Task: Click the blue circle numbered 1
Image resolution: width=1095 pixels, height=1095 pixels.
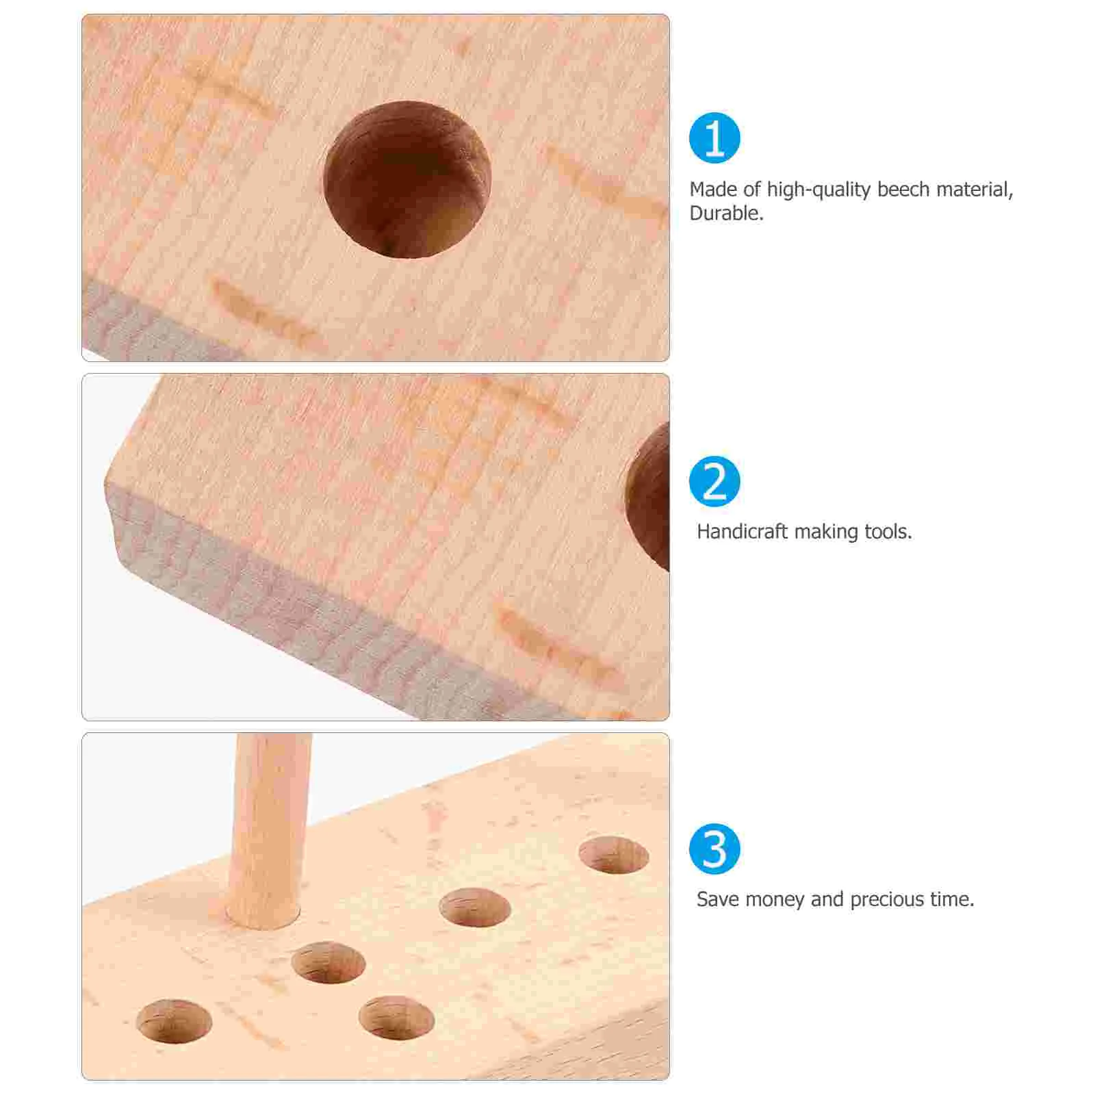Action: tap(714, 138)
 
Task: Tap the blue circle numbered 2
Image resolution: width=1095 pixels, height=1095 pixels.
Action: tap(714, 482)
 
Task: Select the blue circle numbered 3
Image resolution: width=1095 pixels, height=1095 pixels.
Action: tap(714, 849)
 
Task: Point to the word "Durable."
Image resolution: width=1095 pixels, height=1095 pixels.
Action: tap(726, 214)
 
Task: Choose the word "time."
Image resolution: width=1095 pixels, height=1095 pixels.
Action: tap(952, 899)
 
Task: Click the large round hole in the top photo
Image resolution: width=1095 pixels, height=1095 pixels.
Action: tap(407, 179)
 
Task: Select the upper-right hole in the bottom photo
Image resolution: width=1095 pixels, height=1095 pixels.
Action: tap(613, 855)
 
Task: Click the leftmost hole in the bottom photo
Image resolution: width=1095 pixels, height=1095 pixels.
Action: tap(174, 1021)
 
